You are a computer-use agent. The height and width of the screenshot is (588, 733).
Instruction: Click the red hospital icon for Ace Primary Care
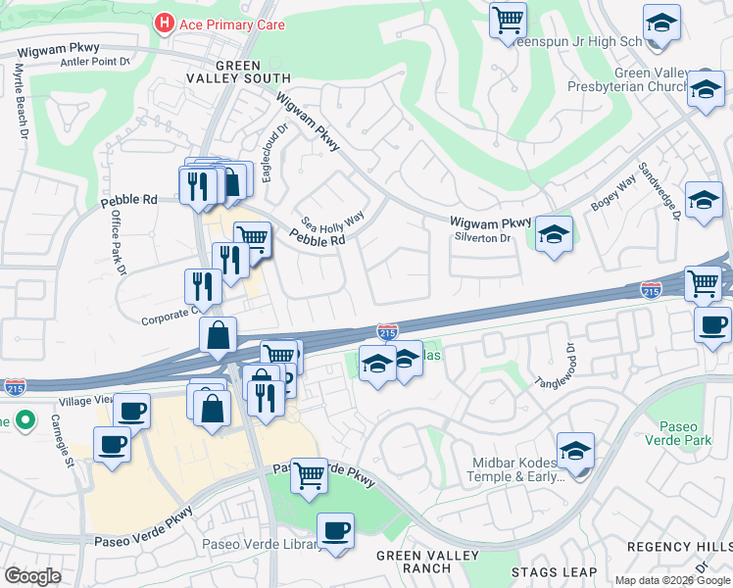(x=165, y=24)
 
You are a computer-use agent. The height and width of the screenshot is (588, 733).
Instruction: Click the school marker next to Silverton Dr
(x=554, y=234)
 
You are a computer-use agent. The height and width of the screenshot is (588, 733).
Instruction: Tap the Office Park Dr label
(x=114, y=244)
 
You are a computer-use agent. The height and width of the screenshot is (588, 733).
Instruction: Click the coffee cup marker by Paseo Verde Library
(x=336, y=531)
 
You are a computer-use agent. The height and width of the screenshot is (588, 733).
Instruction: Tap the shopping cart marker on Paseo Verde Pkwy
(x=310, y=476)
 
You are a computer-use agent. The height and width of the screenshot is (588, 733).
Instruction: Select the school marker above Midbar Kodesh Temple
(x=575, y=451)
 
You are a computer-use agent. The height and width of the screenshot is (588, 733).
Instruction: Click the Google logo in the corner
(x=32, y=576)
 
